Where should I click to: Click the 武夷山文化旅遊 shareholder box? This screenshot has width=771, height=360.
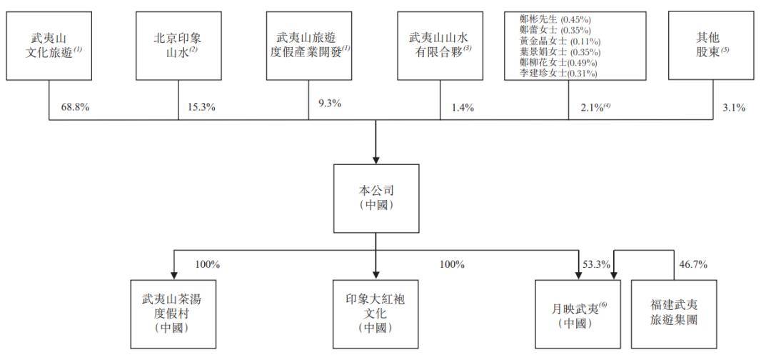click(x=49, y=46)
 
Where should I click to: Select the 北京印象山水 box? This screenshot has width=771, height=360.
click(x=178, y=46)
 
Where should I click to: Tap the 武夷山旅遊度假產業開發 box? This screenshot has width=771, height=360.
click(x=309, y=46)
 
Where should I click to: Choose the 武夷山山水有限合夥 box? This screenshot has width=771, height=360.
click(x=440, y=46)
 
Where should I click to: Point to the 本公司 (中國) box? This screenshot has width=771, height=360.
click(x=376, y=198)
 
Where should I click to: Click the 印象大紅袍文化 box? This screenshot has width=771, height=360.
click(x=376, y=314)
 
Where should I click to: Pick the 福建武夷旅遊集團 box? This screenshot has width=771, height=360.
click(x=674, y=314)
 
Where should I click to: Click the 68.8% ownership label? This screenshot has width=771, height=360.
click(x=75, y=106)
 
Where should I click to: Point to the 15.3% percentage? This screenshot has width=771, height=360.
click(x=201, y=106)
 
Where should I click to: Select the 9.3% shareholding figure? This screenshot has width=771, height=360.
click(x=329, y=104)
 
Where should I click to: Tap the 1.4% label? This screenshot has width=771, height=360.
click(x=462, y=108)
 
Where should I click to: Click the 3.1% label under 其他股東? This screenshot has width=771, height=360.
click(x=733, y=108)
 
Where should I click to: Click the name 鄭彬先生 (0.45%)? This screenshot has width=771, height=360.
click(x=555, y=20)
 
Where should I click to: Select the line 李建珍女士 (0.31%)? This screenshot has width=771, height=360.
click(x=558, y=74)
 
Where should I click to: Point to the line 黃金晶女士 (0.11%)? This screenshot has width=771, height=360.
click(x=560, y=41)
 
